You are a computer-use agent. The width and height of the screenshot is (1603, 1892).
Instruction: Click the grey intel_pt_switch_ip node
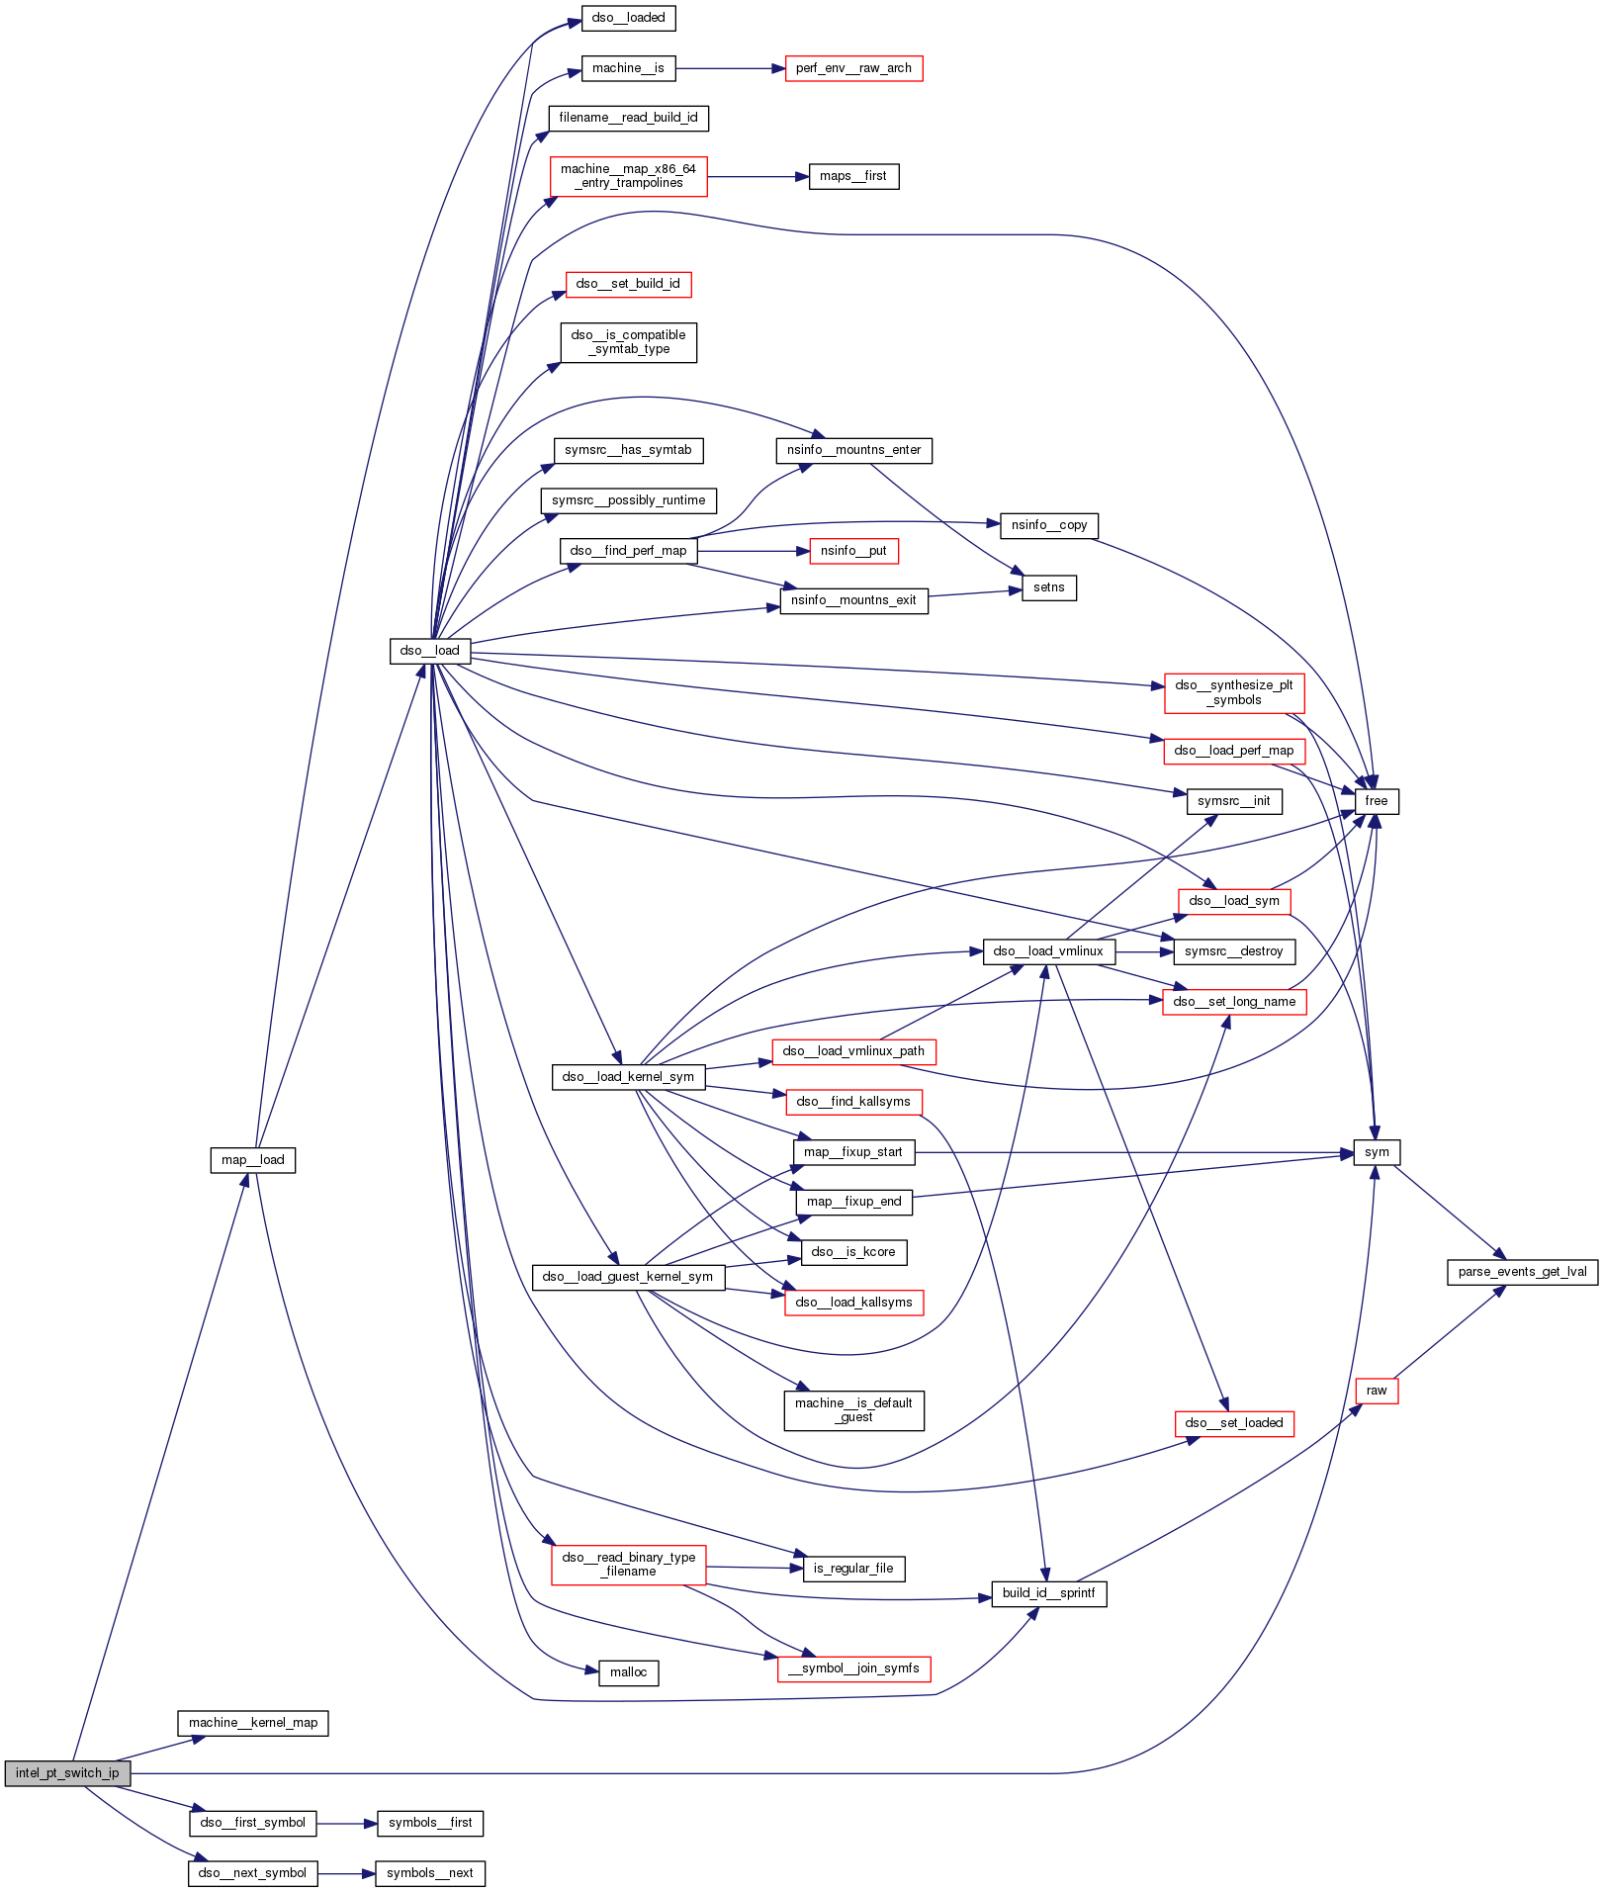click(x=66, y=1773)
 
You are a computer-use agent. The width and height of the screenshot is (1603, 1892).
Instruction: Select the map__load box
click(x=252, y=1160)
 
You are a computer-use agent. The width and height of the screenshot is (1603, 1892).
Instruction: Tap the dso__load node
click(x=429, y=651)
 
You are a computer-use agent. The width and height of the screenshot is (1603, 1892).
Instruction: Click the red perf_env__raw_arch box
click(x=853, y=68)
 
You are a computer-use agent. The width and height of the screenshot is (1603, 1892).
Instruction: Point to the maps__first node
click(x=853, y=176)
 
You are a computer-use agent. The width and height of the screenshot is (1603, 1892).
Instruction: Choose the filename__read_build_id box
click(x=628, y=118)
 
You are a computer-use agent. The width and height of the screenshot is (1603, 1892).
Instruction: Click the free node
click(x=1376, y=801)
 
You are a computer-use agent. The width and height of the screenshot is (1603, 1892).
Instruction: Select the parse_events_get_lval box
click(x=1522, y=1272)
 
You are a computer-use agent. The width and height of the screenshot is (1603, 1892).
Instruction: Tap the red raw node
click(x=1376, y=1391)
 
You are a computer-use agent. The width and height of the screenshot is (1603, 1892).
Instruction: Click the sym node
click(x=1376, y=1152)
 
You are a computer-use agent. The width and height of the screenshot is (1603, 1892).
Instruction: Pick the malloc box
click(x=628, y=1672)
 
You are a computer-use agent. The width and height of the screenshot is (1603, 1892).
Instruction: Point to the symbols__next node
click(x=429, y=1873)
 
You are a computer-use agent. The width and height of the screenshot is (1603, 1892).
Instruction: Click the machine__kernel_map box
click(x=253, y=1723)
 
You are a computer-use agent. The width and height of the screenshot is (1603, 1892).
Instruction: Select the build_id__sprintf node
click(x=1048, y=1593)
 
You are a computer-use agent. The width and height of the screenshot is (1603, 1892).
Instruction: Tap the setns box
click(x=1048, y=587)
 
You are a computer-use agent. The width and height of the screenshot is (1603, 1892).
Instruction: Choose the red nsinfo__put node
click(x=853, y=551)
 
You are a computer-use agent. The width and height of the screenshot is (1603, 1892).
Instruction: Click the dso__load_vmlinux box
click(x=1048, y=951)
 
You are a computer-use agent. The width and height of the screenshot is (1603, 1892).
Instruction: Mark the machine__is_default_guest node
click(x=853, y=1410)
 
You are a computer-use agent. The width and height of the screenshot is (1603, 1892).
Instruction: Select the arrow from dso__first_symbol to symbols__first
click(x=346, y=1824)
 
